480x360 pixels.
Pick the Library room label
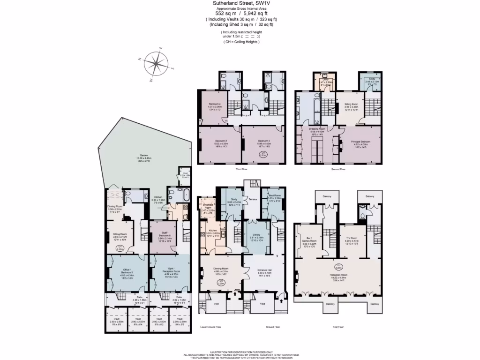256,235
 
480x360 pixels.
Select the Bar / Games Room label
311,242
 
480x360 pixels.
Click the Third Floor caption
242,169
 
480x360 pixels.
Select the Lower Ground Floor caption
210,327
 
